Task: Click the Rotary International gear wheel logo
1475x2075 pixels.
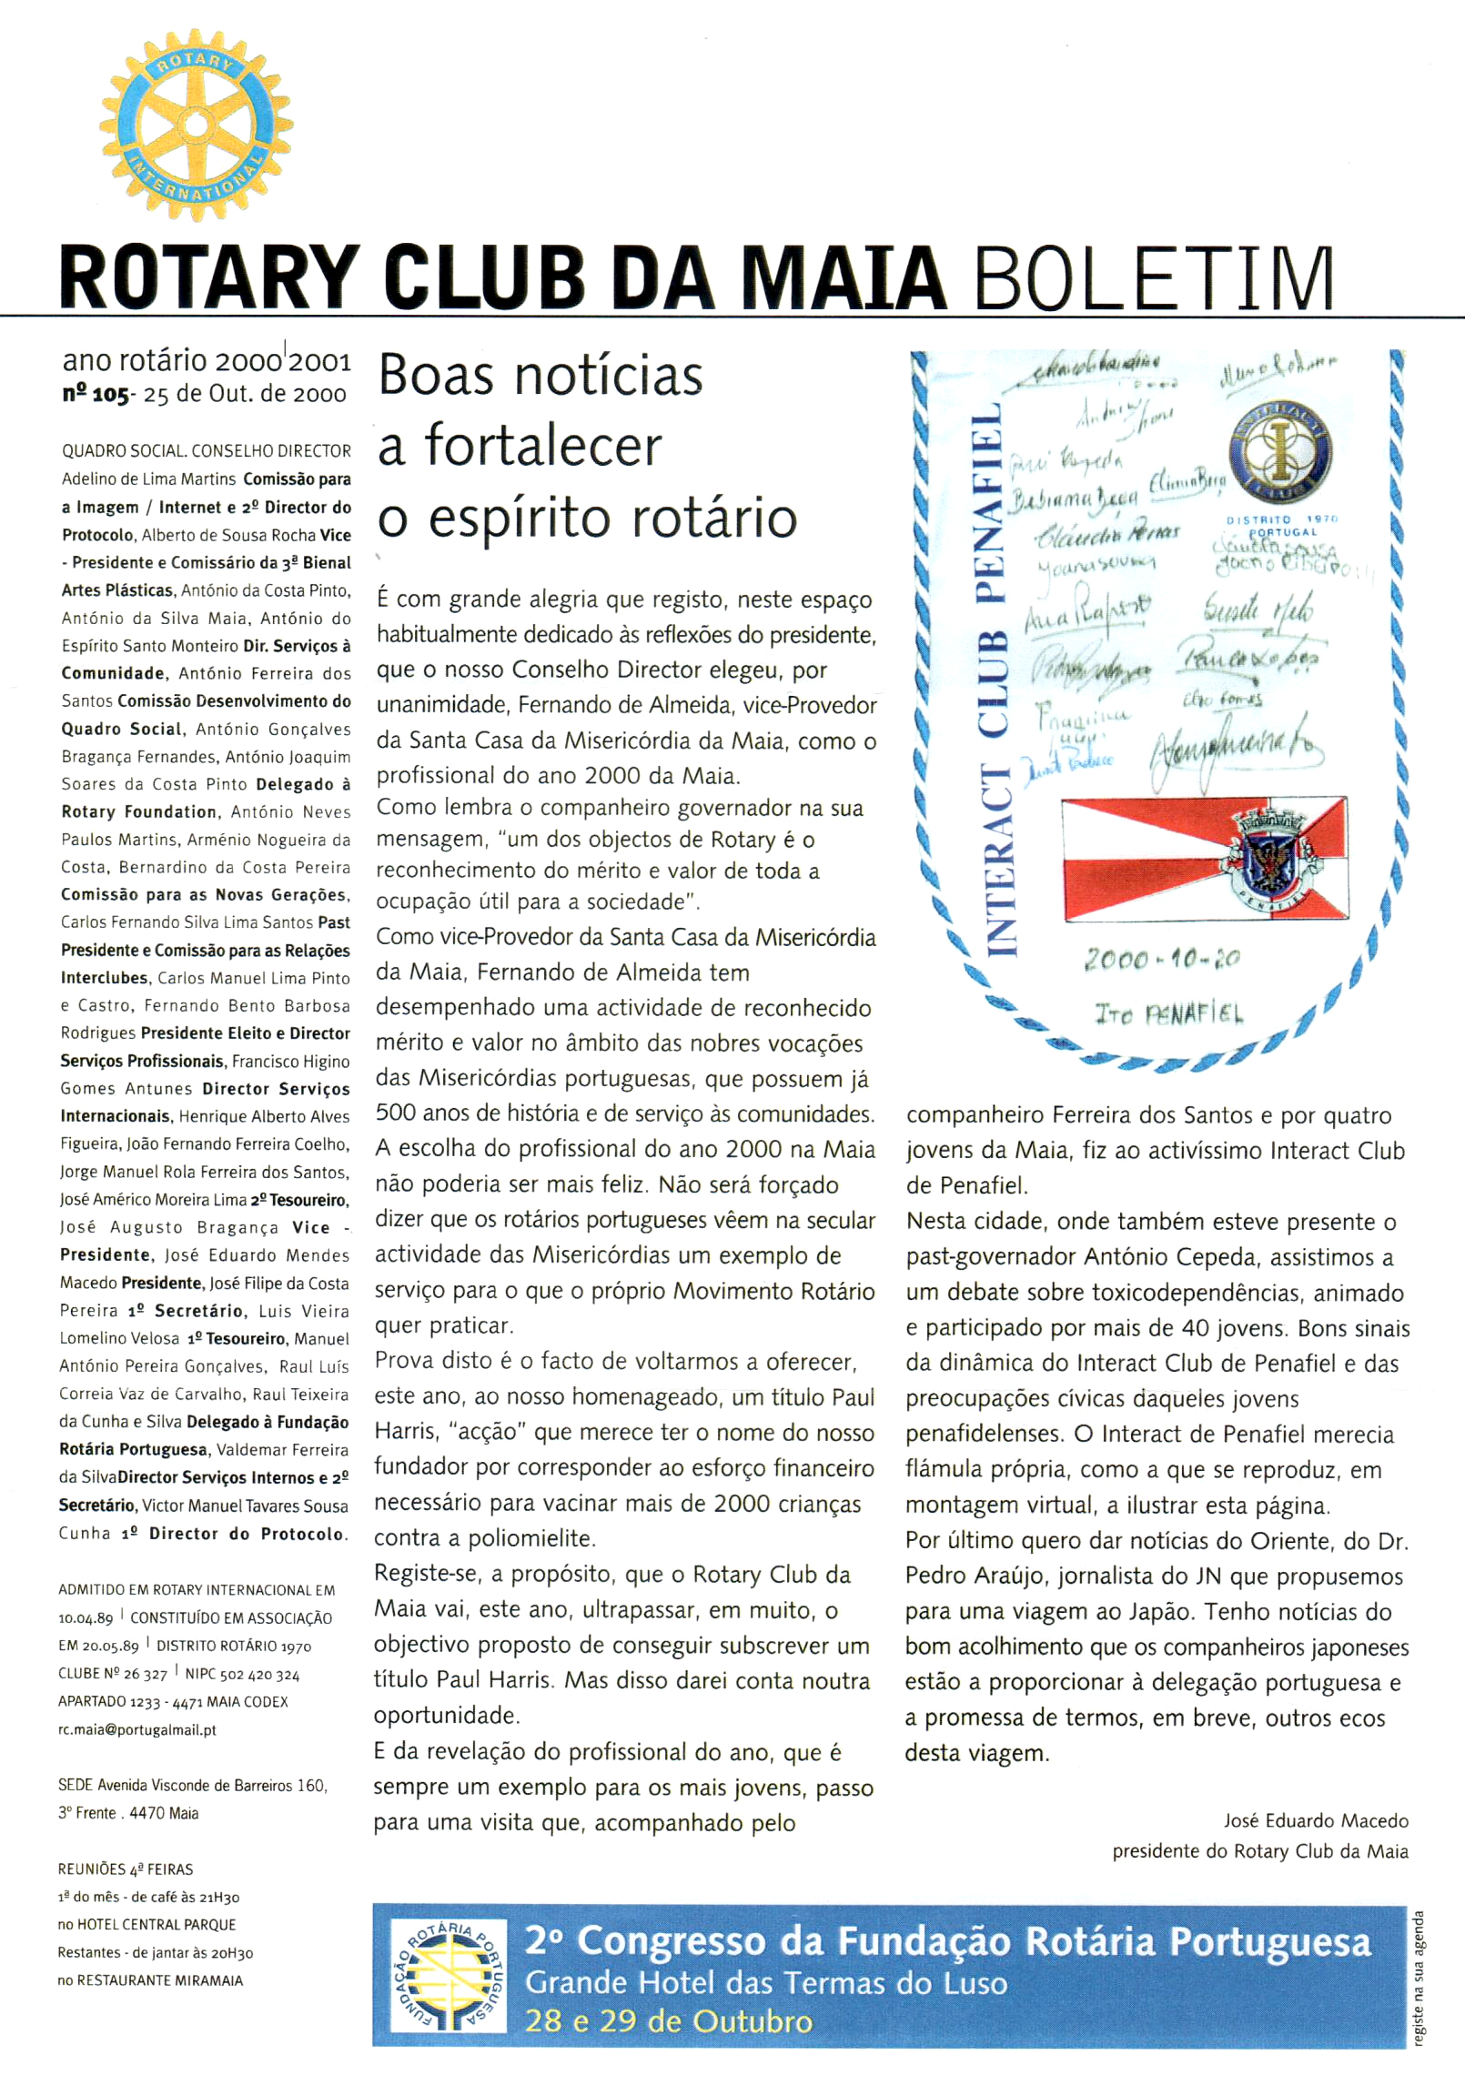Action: coord(196,126)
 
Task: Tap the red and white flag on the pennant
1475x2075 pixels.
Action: coord(1205,859)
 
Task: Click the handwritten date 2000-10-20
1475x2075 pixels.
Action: coord(1162,959)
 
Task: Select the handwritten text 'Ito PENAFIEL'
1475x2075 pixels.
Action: coord(1168,1013)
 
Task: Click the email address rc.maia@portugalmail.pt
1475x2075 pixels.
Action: coord(137,1729)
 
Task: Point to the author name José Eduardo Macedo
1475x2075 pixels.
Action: coord(1316,1820)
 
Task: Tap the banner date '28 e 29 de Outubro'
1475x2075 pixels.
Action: coord(669,2020)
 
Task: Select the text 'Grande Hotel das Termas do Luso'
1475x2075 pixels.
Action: coord(766,1982)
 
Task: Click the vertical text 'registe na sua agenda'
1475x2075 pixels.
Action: coord(1418,1978)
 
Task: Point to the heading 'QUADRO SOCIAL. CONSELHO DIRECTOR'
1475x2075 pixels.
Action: coord(207,451)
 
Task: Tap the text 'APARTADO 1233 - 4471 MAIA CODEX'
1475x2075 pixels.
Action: coord(173,1701)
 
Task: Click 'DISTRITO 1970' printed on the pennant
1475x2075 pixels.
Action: coord(1281,519)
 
